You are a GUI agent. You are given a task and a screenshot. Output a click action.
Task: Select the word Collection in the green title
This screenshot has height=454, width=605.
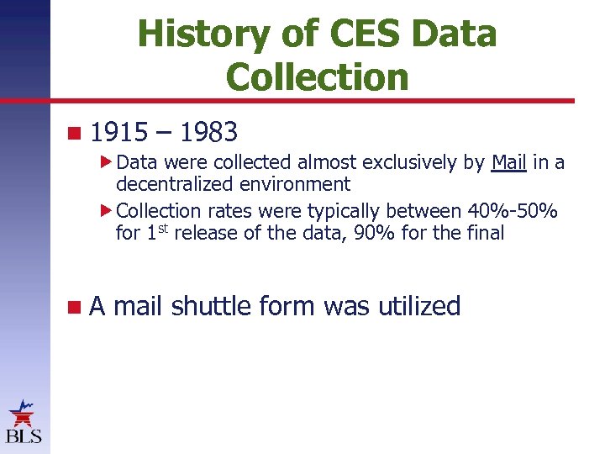click(317, 77)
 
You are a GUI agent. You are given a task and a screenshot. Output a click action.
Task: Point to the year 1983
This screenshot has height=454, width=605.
click(209, 132)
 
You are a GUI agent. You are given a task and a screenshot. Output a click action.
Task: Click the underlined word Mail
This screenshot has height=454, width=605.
click(508, 162)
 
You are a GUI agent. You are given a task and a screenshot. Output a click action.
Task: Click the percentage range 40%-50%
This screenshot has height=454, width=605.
click(507, 211)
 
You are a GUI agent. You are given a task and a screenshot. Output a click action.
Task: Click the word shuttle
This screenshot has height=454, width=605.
click(211, 306)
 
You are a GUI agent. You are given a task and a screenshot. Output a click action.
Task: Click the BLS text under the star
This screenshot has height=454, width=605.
click(24, 436)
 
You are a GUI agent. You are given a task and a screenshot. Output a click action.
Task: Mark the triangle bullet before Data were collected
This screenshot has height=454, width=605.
click(106, 160)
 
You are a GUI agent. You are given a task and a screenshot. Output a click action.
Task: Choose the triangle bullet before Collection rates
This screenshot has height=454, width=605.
click(106, 209)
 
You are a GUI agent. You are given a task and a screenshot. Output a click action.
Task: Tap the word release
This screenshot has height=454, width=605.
click(207, 233)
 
